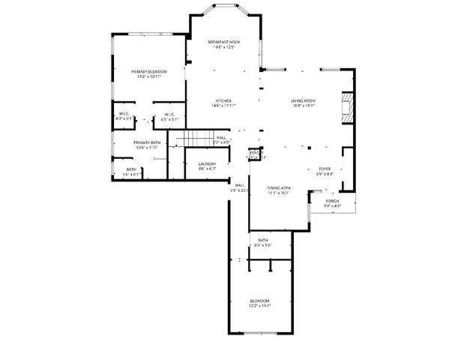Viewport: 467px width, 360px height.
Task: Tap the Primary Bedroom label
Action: [151, 71]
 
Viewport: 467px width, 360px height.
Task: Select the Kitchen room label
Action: [223, 100]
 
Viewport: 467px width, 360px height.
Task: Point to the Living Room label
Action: [303, 100]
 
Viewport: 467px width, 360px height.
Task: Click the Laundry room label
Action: [208, 163]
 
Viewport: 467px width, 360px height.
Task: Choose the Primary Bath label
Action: [147, 142]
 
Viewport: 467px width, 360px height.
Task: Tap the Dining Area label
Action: [278, 187]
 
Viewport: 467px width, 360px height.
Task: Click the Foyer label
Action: [325, 169]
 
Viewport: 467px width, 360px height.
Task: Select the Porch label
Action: [332, 200]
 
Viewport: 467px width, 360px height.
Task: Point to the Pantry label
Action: [256, 152]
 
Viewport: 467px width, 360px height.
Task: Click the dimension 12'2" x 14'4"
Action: [259, 306]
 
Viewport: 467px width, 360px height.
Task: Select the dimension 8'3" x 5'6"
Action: [262, 245]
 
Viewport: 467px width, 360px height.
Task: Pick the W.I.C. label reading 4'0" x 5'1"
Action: [124, 118]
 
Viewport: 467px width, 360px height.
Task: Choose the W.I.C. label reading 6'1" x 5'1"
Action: [169, 118]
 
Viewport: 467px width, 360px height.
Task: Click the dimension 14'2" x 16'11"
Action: [151, 76]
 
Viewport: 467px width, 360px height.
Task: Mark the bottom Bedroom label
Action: [259, 301]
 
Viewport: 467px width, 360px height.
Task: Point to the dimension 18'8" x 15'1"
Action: [303, 106]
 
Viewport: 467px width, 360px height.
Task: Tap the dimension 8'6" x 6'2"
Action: [208, 169]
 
